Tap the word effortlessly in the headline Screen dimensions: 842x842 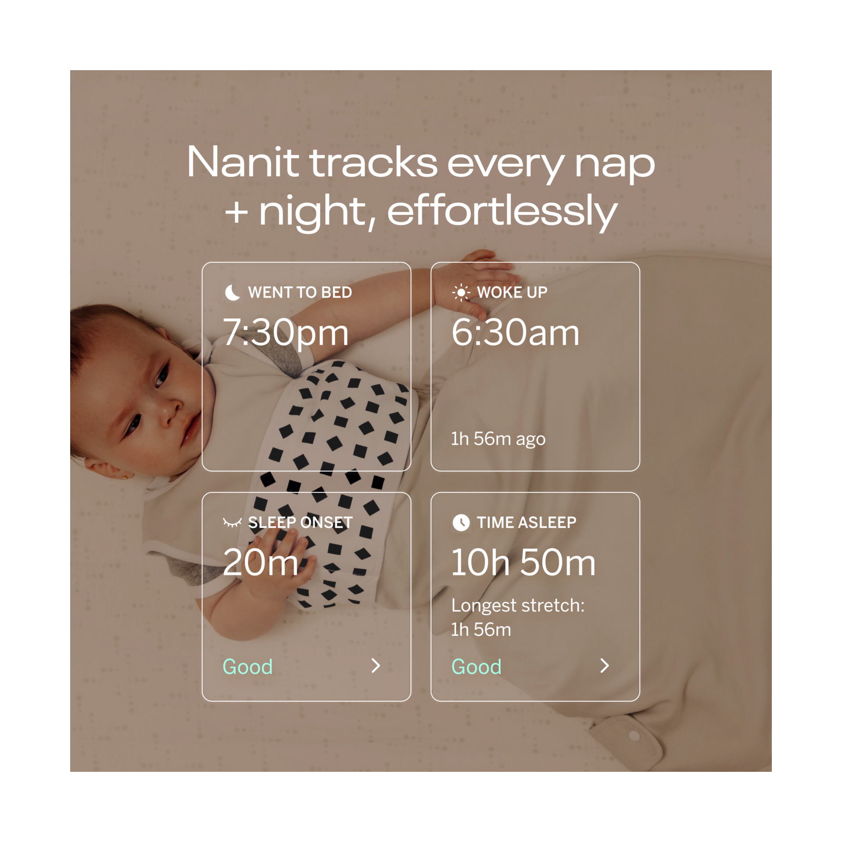(x=502, y=212)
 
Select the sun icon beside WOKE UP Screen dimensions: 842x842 (x=461, y=293)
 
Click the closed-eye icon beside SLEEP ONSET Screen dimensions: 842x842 (x=232, y=522)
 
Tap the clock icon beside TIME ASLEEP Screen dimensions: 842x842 (x=461, y=523)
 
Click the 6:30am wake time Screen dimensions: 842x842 (x=515, y=333)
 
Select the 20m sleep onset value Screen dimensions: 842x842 (x=260, y=563)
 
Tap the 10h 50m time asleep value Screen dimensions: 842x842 (x=524, y=563)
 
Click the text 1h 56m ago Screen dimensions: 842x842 (x=498, y=439)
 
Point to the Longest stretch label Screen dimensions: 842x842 (x=518, y=606)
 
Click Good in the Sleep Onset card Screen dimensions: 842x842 (x=248, y=667)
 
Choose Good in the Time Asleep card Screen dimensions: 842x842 (x=477, y=667)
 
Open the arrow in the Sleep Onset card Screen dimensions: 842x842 (x=376, y=666)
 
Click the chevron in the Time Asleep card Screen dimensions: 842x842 (x=605, y=666)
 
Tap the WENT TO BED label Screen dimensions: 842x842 (x=300, y=293)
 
